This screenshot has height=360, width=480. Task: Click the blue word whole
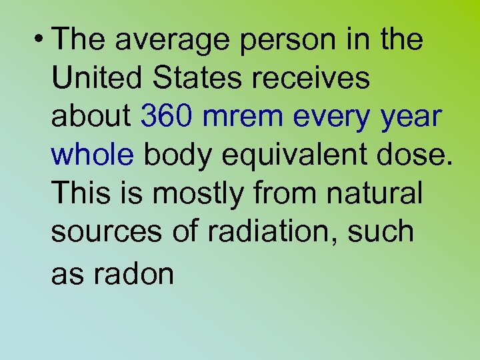[x=92, y=155]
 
